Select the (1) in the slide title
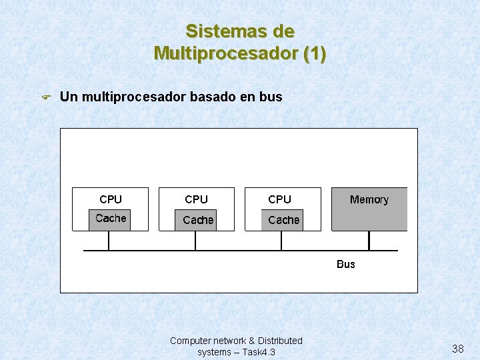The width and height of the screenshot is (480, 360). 315,53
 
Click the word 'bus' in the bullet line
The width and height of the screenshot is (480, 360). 271,97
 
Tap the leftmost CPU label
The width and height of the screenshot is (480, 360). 111,199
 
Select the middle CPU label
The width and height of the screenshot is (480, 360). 197,199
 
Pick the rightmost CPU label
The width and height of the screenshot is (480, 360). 280,199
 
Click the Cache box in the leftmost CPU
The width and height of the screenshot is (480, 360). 111,219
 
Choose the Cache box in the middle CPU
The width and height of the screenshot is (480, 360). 198,220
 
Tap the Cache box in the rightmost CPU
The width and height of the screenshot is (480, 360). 283,220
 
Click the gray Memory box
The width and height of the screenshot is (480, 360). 369,209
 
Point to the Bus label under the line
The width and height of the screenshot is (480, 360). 346,264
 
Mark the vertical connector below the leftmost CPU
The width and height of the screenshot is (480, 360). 109,241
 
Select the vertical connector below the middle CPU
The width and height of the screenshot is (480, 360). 195,241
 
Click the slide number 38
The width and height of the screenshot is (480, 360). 458,349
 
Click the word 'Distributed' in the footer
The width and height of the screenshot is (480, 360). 279,341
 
